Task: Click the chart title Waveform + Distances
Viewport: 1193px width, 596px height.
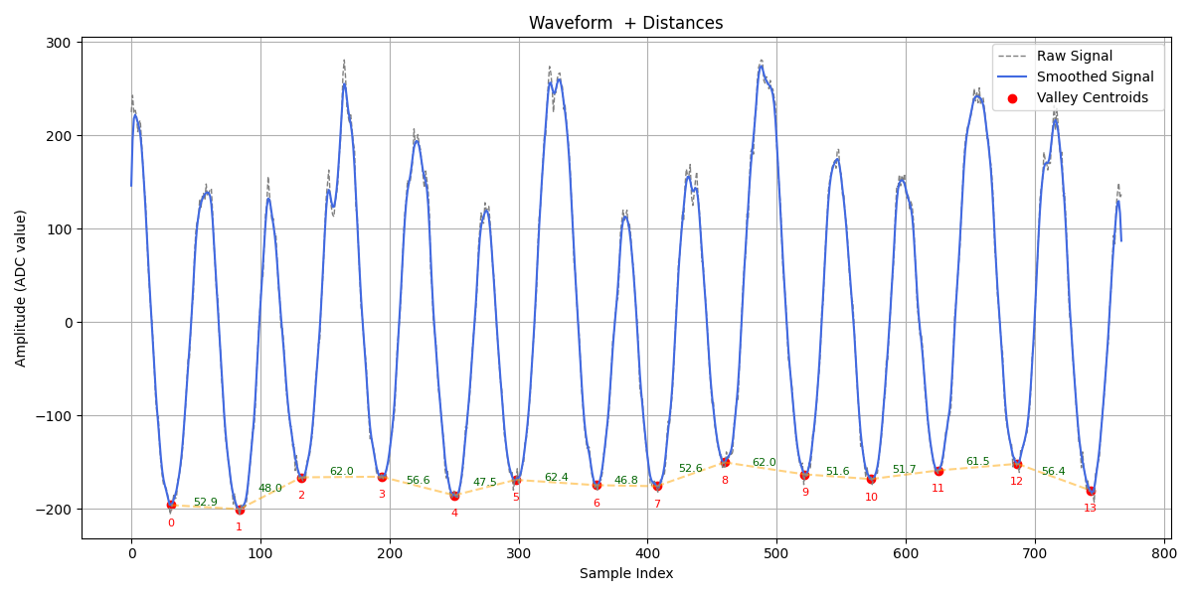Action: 625,23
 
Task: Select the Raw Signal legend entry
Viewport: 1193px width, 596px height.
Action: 1075,56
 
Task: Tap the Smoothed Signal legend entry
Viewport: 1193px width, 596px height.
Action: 1095,76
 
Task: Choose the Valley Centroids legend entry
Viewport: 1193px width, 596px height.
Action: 1092,97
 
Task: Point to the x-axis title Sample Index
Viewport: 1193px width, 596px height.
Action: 625,573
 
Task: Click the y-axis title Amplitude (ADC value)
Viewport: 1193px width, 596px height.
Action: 21,288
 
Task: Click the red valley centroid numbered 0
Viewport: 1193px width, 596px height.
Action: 171,505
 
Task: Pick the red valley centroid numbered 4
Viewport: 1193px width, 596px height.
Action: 454,496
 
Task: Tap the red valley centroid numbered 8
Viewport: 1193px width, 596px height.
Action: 725,462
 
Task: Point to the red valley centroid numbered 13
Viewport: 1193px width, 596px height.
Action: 1091,491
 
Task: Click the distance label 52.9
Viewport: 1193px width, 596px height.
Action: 205,503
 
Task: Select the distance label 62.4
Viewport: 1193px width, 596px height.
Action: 556,478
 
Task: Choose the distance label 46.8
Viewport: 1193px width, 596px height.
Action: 626,481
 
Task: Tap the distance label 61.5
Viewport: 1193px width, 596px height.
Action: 977,462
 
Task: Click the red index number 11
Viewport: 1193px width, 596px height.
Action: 937,488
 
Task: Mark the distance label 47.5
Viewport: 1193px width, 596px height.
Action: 484,483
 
